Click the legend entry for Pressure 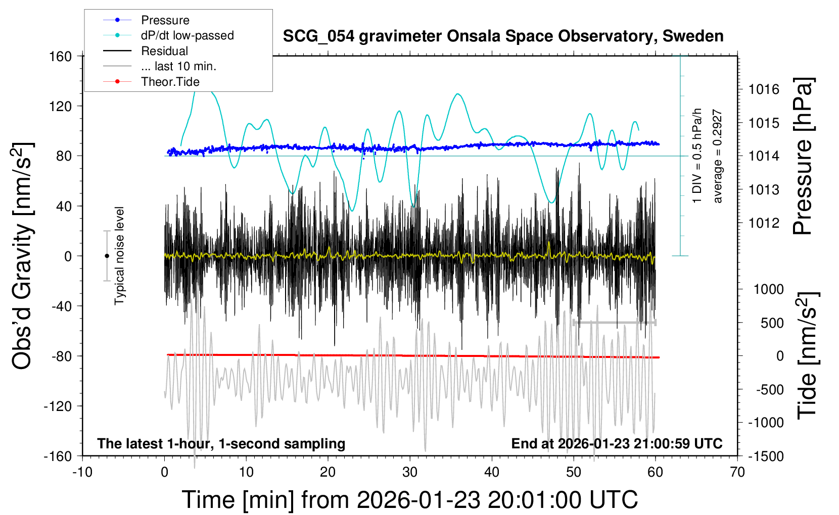coord(165,20)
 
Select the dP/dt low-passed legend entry coord(187,35)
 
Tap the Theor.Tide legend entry coord(170,82)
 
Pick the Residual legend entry coord(164,51)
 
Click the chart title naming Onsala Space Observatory coord(503,36)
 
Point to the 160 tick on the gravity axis coord(61,56)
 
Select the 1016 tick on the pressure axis coord(764,89)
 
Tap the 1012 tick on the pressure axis coord(764,223)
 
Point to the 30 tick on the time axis coord(410,472)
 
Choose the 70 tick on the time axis coord(737,472)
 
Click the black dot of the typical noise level coord(107,256)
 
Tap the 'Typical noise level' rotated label coord(119,256)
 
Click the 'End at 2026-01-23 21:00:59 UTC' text coord(617,444)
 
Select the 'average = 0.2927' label coord(718,157)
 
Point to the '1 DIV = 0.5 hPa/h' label coord(697,156)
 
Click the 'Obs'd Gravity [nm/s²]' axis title coord(22,256)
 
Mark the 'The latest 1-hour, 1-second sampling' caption coord(221,444)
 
